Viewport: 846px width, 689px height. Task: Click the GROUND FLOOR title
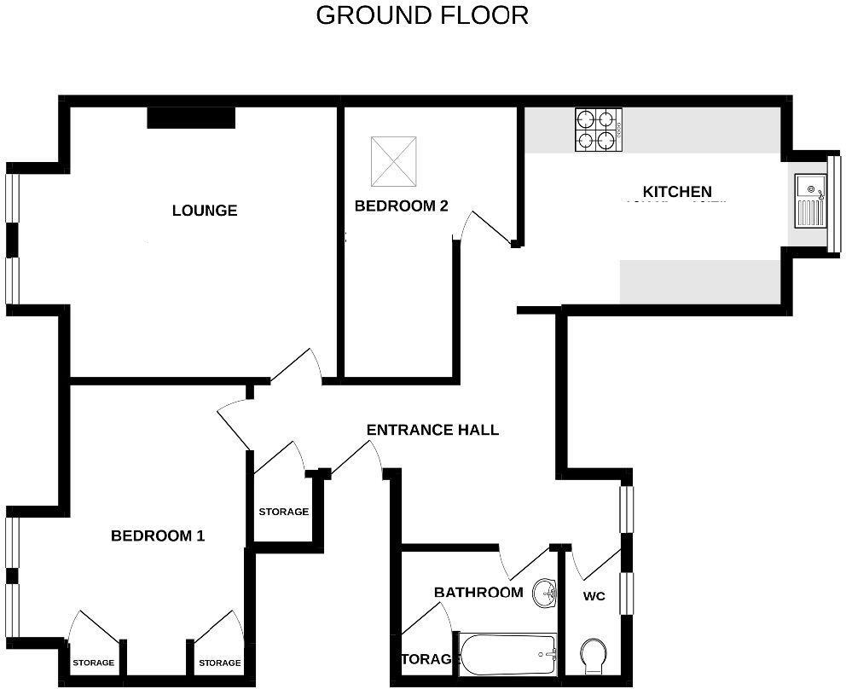pyautogui.click(x=422, y=15)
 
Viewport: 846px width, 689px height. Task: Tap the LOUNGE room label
pyautogui.click(x=205, y=211)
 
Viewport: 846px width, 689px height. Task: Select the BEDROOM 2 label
pyautogui.click(x=402, y=206)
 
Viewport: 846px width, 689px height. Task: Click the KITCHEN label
pyautogui.click(x=677, y=192)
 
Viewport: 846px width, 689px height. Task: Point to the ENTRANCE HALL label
pyautogui.click(x=432, y=430)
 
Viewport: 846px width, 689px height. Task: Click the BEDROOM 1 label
pyautogui.click(x=158, y=536)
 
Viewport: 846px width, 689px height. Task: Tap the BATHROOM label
pyautogui.click(x=478, y=592)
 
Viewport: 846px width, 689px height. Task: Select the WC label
pyautogui.click(x=594, y=595)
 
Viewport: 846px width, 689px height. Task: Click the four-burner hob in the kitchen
pyautogui.click(x=598, y=130)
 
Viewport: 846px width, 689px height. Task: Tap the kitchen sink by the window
pyautogui.click(x=809, y=200)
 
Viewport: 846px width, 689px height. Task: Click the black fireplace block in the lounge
pyautogui.click(x=191, y=118)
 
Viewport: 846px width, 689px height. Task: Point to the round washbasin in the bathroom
pyautogui.click(x=544, y=593)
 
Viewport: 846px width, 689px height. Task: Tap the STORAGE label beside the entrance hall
pyautogui.click(x=283, y=512)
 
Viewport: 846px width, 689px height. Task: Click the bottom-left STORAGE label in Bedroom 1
pyautogui.click(x=93, y=663)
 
